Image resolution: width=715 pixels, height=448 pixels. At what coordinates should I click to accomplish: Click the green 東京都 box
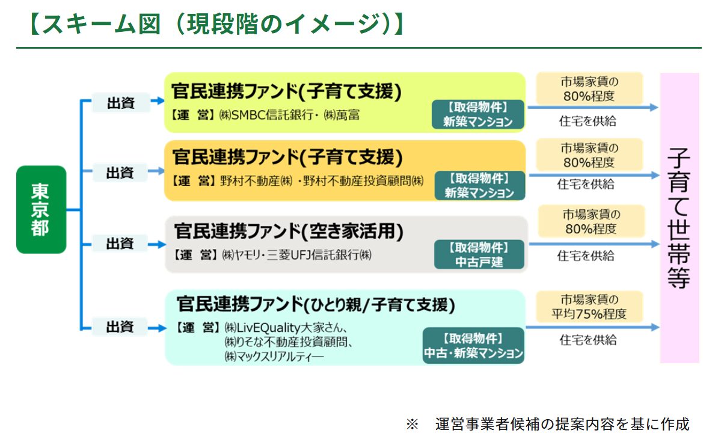41,209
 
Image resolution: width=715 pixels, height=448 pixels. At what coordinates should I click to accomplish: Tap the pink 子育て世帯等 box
680,218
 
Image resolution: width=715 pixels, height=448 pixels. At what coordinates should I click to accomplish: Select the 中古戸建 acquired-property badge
479,254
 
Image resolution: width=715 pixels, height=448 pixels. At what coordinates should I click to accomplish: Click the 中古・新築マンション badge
473,346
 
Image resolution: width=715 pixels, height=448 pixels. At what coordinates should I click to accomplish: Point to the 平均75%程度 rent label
589,307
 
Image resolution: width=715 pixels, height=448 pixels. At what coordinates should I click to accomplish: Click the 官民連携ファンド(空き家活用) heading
289,232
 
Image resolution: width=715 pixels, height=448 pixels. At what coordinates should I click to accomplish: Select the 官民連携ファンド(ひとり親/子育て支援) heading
316,304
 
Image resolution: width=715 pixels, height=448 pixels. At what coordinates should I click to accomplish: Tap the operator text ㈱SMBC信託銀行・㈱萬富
289,115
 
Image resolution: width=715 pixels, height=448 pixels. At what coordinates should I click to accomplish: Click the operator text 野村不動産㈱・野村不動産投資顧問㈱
322,181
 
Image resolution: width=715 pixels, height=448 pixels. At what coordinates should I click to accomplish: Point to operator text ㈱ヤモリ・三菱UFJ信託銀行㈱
297,255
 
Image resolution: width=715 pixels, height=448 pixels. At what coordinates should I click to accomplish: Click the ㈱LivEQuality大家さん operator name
286,328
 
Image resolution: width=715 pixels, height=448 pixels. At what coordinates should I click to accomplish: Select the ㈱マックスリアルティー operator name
274,357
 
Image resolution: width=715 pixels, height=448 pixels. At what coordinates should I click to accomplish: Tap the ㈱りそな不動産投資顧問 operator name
288,342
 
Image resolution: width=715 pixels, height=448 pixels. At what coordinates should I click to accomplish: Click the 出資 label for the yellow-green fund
121,103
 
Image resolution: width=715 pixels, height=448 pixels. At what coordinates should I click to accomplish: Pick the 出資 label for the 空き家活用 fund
120,243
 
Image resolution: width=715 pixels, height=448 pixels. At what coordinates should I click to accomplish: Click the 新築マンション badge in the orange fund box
479,186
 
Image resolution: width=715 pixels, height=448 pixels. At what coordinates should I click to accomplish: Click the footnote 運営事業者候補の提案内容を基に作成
562,425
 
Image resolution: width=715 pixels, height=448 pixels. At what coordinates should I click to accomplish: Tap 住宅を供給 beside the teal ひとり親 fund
588,340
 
